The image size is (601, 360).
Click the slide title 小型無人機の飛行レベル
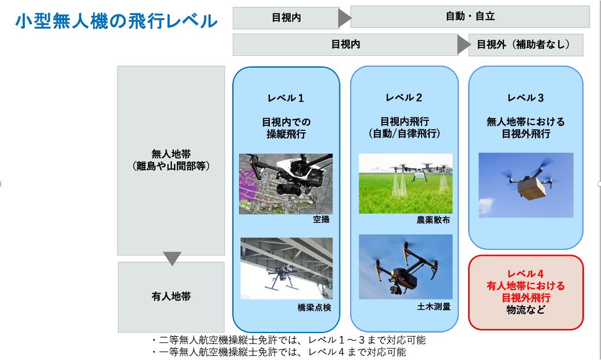click(116, 22)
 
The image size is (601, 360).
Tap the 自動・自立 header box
click(470, 17)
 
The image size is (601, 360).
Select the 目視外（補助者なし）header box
click(525, 45)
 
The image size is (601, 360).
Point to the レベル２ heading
click(404, 98)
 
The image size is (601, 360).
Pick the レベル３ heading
click(525, 98)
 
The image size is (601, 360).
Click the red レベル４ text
click(525, 274)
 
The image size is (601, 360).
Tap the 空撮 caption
click(321, 220)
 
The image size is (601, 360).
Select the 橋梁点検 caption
click(314, 307)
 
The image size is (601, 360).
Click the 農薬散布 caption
click(433, 220)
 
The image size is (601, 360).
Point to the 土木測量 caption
click(433, 307)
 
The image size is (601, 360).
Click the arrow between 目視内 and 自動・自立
click(344, 18)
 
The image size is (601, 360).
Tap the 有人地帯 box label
click(171, 297)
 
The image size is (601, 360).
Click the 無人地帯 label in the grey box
click(171, 154)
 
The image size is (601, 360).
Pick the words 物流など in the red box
click(525, 310)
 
